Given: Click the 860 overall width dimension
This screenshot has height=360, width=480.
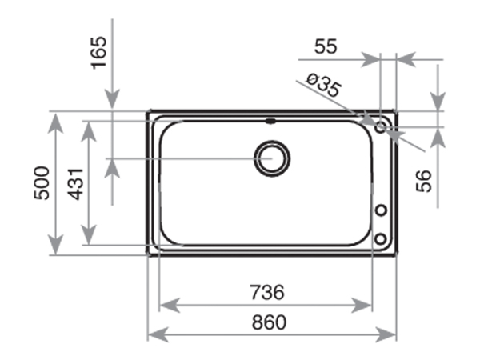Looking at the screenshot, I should point(271,322).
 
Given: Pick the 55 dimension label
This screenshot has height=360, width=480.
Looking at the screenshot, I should point(325,46).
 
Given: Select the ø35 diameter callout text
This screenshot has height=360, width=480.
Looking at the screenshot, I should point(324,84).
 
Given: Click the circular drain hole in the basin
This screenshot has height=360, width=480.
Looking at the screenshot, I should point(270,158).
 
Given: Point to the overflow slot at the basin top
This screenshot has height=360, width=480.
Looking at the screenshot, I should point(270,122).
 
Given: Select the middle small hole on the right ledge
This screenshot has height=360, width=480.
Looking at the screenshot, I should point(382,210).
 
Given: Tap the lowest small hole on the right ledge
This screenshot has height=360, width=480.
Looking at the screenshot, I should point(382,238).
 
